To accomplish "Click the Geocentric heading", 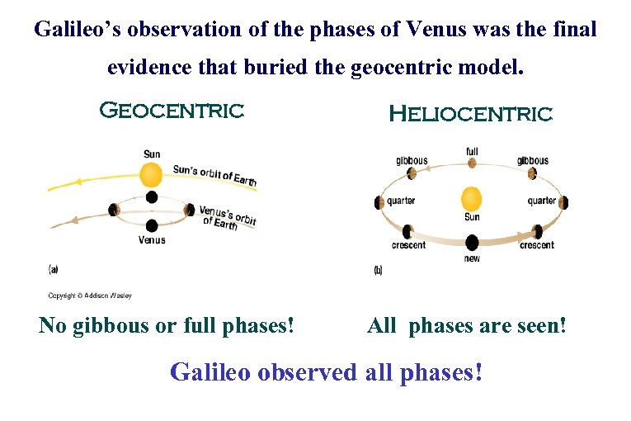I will pyautogui.click(x=172, y=110).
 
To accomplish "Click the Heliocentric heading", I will pyautogui.click(x=470, y=114).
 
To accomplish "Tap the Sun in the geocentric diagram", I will pyautogui.click(x=151, y=174).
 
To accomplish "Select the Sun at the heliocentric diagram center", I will pyautogui.click(x=471, y=199).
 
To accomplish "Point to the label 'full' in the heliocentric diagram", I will pyautogui.click(x=472, y=151).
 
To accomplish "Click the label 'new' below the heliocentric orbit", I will pyautogui.click(x=472, y=258).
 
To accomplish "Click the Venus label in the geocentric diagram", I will pyautogui.click(x=152, y=240).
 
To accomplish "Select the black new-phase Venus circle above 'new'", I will pyautogui.click(x=472, y=243).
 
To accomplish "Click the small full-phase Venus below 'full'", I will pyautogui.click(x=472, y=163).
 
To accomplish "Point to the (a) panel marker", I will pyautogui.click(x=53, y=269).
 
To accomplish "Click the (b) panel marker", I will pyautogui.click(x=379, y=269).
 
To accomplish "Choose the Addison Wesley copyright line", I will pyautogui.click(x=90, y=296).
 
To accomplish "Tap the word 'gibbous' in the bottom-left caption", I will pyautogui.click(x=118, y=326).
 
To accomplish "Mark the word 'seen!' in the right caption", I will pyautogui.click(x=539, y=326).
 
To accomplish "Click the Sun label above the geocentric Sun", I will pyautogui.click(x=152, y=154).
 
